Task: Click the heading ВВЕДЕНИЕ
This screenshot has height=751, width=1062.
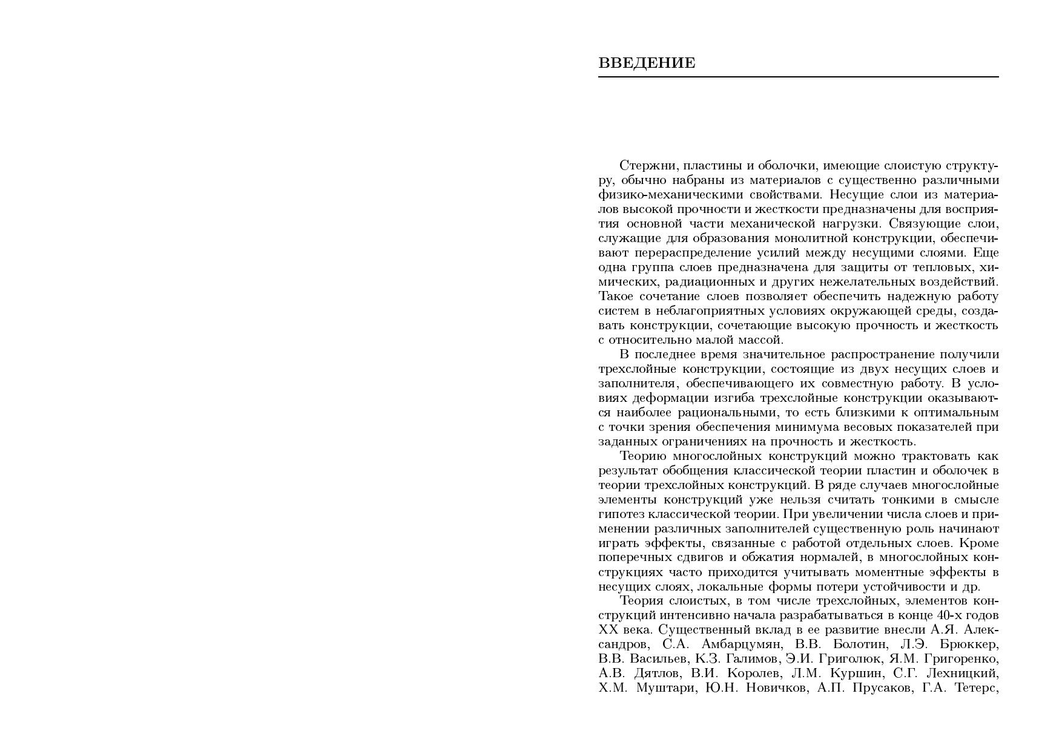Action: pyautogui.click(x=647, y=63)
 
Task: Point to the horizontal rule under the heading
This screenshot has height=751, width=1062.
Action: pyautogui.click(x=798, y=77)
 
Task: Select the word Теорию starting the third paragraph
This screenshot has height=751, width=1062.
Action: pyautogui.click(x=643, y=456)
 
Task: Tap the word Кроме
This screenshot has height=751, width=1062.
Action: pyautogui.click(x=980, y=543)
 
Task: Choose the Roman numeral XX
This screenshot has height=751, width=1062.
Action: pyautogui.click(x=607, y=631)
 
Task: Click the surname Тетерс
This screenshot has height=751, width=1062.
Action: pyautogui.click(x=976, y=689)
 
